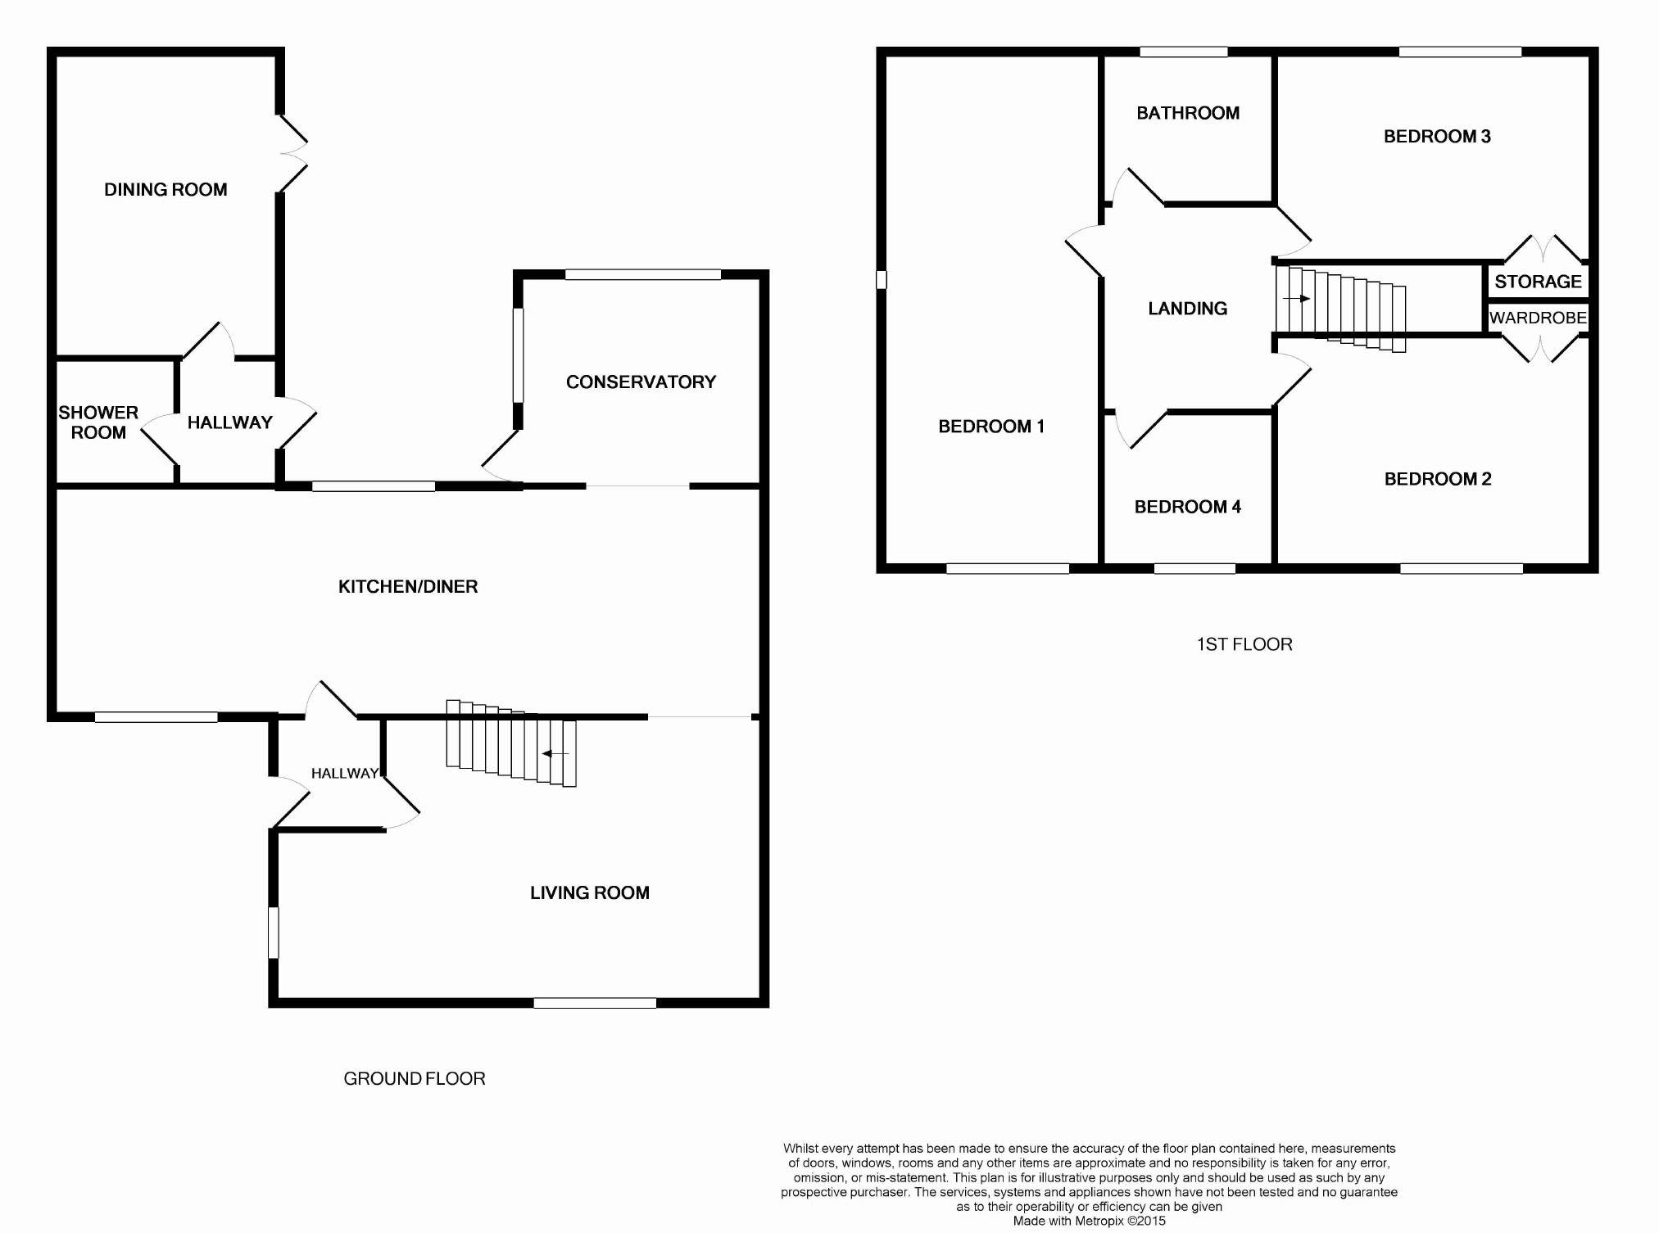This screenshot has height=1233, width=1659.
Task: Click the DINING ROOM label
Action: (x=165, y=190)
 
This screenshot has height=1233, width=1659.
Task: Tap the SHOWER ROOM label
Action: (x=98, y=422)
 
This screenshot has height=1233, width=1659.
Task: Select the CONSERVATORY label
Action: (x=641, y=382)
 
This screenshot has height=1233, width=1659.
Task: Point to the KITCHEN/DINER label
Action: (x=408, y=587)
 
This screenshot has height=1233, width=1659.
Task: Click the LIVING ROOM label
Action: (x=589, y=893)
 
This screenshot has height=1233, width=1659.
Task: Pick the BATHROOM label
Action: (x=1188, y=114)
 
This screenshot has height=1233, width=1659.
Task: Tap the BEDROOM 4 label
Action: (x=1187, y=508)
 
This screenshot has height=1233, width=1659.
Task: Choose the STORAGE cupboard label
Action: (x=1538, y=282)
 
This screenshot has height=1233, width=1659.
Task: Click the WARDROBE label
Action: (x=1538, y=318)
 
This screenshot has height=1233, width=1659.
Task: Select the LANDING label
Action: (x=1187, y=309)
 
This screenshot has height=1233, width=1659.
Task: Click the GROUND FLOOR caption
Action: (x=414, y=1079)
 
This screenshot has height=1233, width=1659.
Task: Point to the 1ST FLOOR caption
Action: (x=1244, y=645)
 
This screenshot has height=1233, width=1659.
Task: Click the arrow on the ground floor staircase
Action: (x=555, y=753)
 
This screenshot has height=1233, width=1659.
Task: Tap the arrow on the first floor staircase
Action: (x=1297, y=299)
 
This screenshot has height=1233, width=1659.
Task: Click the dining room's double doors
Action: (x=293, y=153)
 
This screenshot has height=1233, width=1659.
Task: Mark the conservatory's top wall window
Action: (x=642, y=275)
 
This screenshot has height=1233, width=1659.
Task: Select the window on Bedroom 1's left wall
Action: (x=882, y=280)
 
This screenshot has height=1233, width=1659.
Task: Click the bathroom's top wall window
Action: (x=1183, y=52)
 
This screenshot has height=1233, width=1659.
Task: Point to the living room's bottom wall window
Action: (x=595, y=1003)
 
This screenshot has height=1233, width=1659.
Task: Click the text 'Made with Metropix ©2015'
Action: (x=1089, y=1221)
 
